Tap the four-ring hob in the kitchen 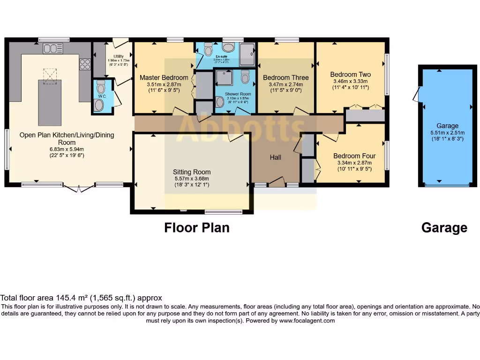click(x=85, y=64)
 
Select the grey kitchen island click(x=50, y=102)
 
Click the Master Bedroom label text click(x=164, y=77)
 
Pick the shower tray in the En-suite click(x=247, y=54)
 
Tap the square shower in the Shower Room click(x=224, y=78)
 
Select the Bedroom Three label click(x=285, y=77)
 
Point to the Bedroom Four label click(x=354, y=156)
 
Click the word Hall click(x=276, y=157)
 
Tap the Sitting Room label click(x=192, y=172)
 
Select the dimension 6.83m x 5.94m click(x=67, y=149)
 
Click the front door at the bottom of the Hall click(x=277, y=183)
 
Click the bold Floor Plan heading click(x=197, y=228)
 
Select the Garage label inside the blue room click(x=447, y=126)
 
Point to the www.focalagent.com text click(x=307, y=321)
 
